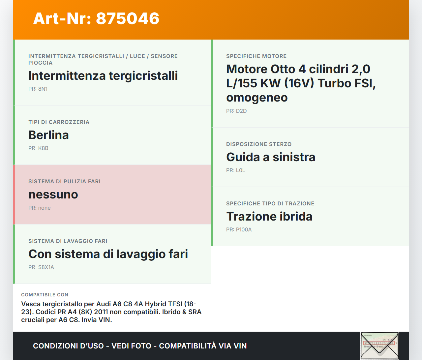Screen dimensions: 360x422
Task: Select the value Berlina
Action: tap(48, 135)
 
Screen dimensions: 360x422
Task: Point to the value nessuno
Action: tap(53, 195)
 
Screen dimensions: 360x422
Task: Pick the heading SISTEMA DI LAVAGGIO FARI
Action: tap(68, 241)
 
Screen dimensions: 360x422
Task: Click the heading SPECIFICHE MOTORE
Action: tap(256, 56)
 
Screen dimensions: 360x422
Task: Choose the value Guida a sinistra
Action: tap(271, 157)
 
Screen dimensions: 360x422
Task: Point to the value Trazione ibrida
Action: tap(269, 217)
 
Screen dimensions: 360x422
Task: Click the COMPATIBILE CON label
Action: tap(45, 295)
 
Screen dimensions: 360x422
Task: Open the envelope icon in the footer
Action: tap(379, 345)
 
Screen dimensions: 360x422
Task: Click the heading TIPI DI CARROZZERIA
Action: tap(59, 122)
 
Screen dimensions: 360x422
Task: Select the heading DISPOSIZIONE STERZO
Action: tap(259, 144)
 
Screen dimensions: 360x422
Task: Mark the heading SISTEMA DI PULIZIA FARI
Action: tap(64, 181)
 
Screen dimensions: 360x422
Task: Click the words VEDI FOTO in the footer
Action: tap(131, 346)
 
